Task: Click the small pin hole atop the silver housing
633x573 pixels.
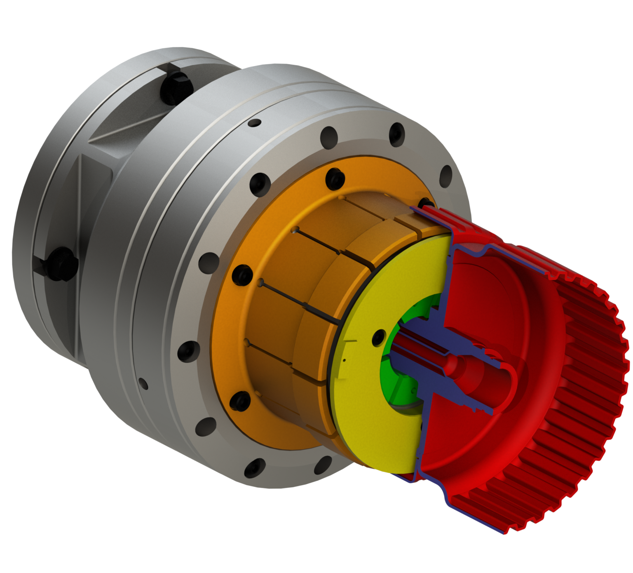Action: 256,122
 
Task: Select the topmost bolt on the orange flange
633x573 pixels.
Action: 334,178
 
